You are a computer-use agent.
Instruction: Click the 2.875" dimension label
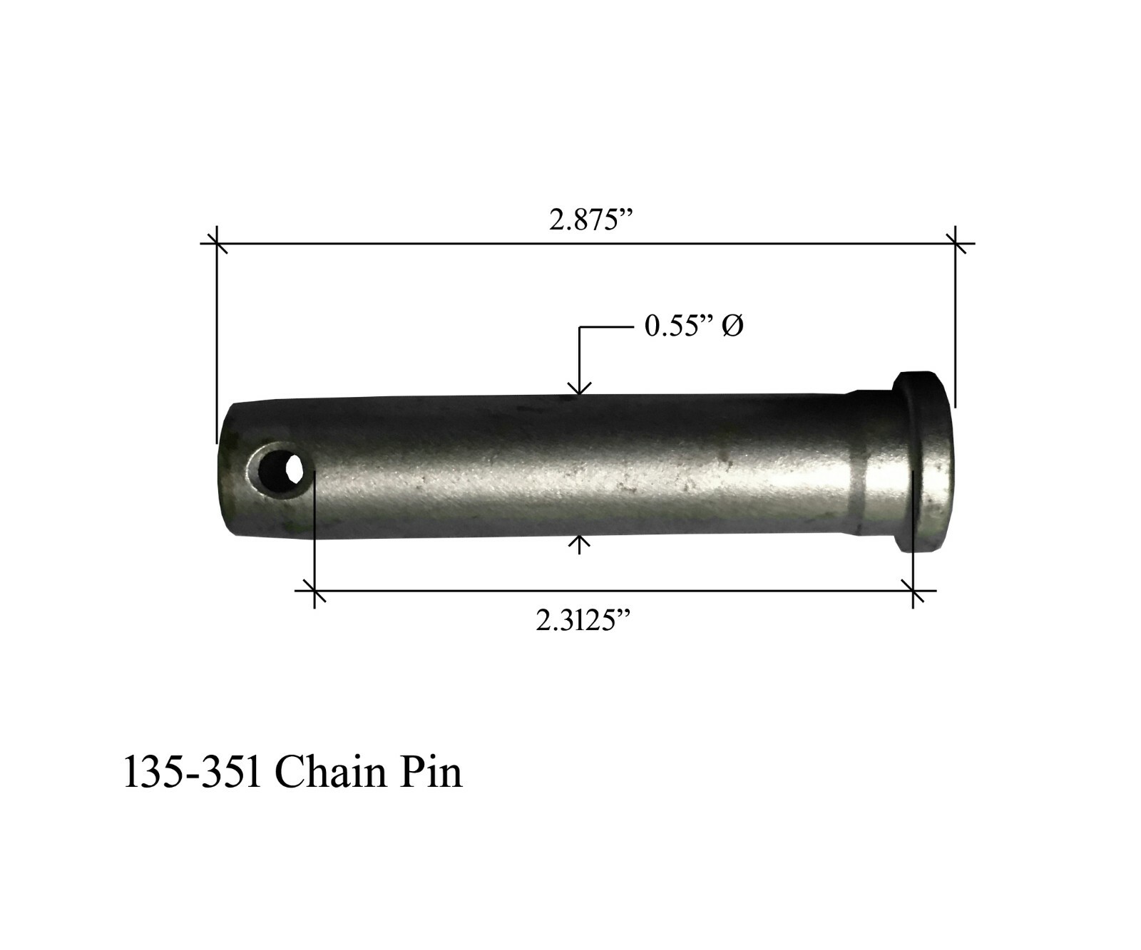point(591,220)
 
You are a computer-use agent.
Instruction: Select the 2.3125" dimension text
point(584,621)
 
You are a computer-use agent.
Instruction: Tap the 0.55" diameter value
point(679,326)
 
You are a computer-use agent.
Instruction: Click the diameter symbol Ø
point(732,327)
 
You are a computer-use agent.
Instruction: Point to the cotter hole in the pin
point(280,470)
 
